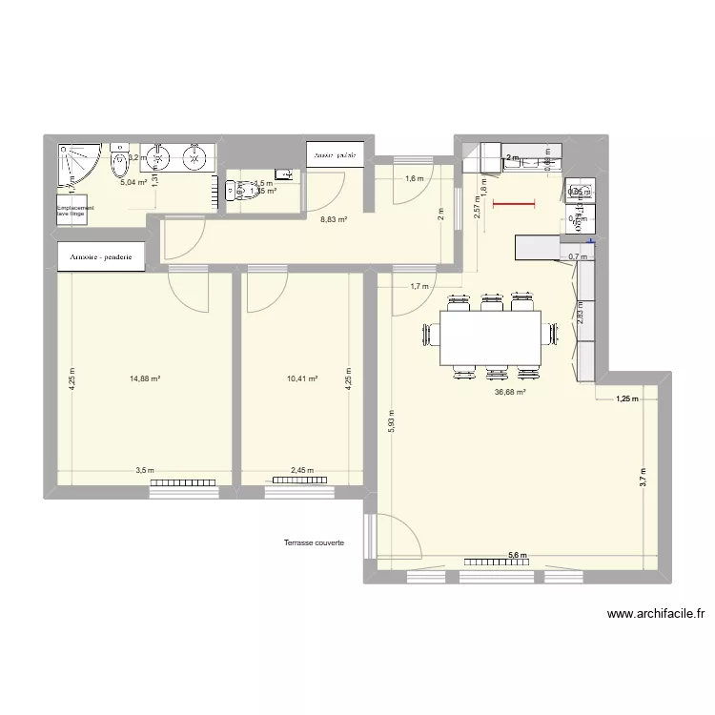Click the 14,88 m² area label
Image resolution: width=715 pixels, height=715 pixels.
coord(145,378)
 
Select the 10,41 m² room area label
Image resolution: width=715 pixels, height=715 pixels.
coord(302,378)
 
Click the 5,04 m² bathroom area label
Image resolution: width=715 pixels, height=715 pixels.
coord(133,182)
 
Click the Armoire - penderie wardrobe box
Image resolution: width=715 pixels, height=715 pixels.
coord(102,256)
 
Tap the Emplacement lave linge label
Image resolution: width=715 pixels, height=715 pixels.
coord(75,211)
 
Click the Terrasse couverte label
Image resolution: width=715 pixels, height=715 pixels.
coord(314,543)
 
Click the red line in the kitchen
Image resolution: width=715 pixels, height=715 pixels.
coord(514,203)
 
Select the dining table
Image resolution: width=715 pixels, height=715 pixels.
coord(490,337)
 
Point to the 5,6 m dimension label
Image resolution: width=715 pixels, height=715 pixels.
coord(517,556)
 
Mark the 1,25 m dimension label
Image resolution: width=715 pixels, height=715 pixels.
coord(625,399)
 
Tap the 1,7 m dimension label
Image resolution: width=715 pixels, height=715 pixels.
coord(419,286)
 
